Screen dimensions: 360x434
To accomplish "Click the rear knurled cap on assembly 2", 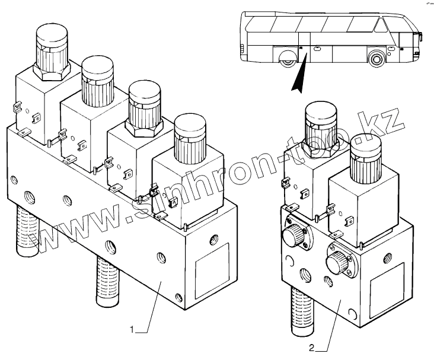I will [321, 126].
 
